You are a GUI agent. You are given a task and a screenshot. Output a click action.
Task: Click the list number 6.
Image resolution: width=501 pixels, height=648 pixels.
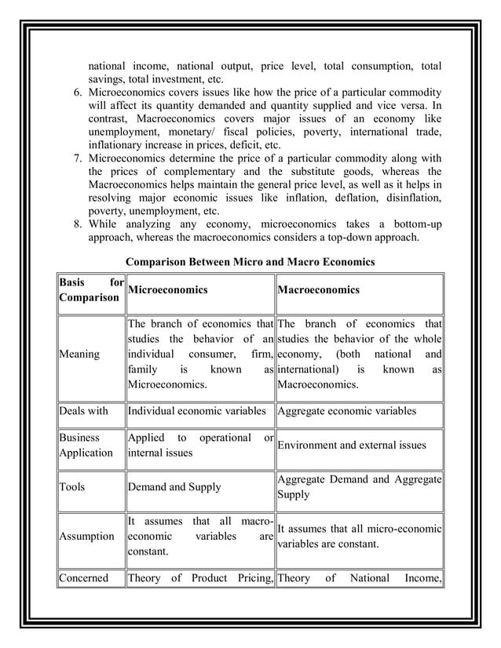click(x=78, y=93)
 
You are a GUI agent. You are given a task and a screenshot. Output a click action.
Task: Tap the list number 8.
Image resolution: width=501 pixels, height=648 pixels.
click(x=78, y=224)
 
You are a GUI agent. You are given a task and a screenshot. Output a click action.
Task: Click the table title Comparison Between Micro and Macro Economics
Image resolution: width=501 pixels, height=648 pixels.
click(x=251, y=261)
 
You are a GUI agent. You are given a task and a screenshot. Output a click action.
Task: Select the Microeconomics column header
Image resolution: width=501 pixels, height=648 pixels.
click(x=167, y=290)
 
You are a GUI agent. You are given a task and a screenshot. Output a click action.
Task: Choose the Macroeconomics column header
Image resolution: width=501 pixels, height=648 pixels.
click(x=318, y=290)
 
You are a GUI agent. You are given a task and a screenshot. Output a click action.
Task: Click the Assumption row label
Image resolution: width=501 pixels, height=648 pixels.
click(x=87, y=537)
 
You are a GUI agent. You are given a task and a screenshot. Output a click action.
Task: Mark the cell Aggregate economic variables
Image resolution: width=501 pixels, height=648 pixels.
click(x=347, y=410)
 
